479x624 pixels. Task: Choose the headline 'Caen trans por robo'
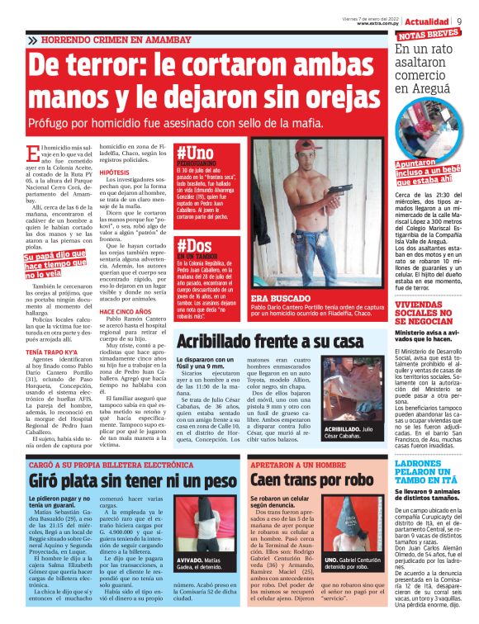click(305, 479)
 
